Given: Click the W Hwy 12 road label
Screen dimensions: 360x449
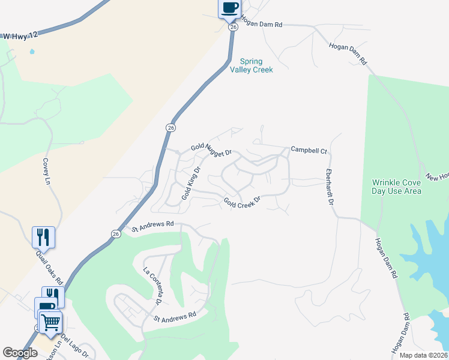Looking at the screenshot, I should (x=20, y=36).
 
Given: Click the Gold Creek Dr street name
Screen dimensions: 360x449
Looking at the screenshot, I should (x=243, y=202).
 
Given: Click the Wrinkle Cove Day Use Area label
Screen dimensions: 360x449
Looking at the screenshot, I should (x=396, y=187).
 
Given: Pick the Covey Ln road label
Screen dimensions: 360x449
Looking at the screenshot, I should (x=46, y=171).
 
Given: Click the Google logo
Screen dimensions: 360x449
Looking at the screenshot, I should (x=20, y=353).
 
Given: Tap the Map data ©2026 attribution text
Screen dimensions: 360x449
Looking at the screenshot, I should (x=423, y=355).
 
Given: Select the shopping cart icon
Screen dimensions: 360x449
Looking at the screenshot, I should (x=50, y=322).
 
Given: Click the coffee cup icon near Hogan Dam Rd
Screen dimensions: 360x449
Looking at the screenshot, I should (x=229, y=8).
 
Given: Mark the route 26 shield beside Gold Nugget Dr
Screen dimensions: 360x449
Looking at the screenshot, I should (x=171, y=128).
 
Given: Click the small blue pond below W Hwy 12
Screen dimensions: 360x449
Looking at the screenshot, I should (x=31, y=52).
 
